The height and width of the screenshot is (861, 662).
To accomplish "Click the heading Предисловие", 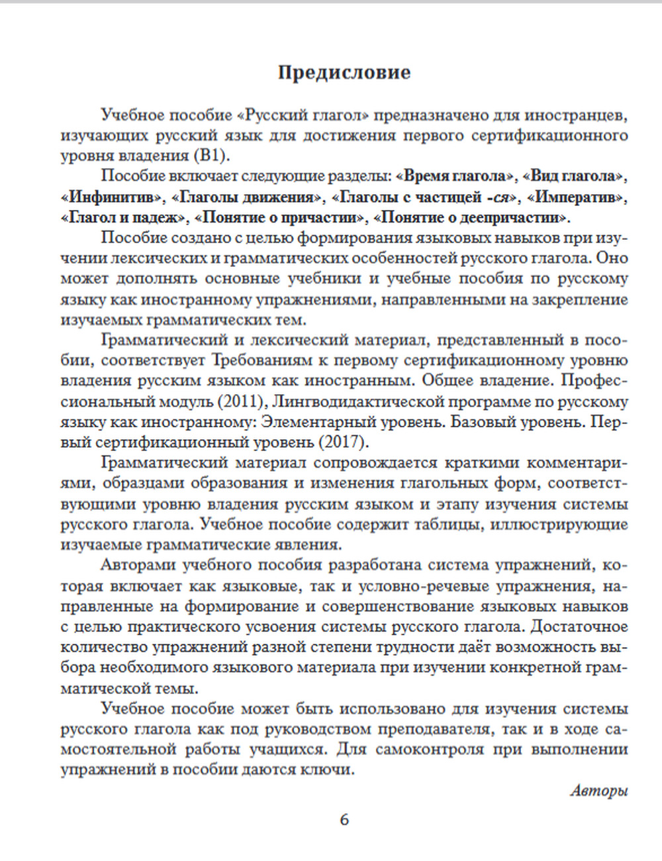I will [x=344, y=72].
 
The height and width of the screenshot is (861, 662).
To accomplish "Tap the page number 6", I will [x=344, y=820].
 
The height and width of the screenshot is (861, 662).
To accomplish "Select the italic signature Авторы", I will [x=598, y=790].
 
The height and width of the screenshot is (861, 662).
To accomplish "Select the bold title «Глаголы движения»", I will [x=248, y=197].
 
